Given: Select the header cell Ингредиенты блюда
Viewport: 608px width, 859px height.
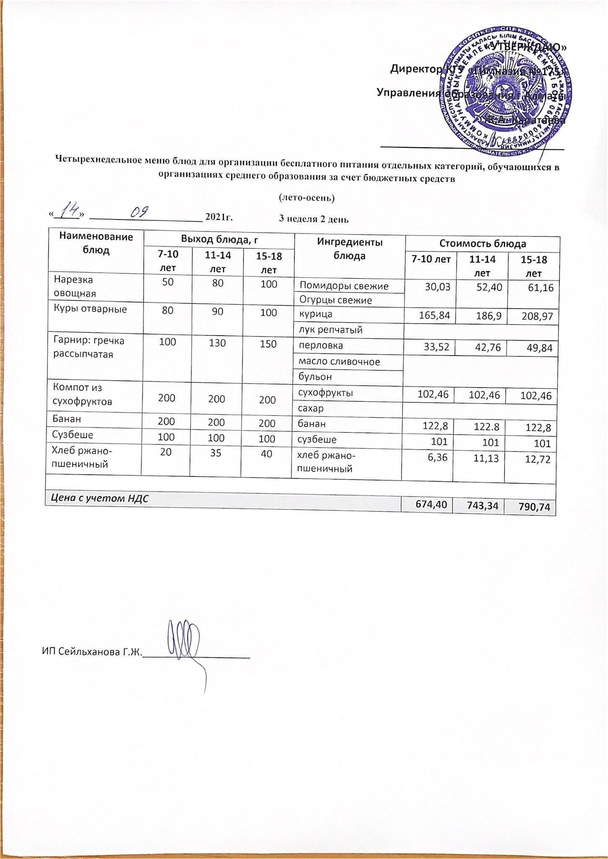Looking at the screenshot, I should pyautogui.click(x=349, y=249).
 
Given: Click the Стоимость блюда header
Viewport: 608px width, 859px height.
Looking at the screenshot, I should pyautogui.click(x=482, y=244).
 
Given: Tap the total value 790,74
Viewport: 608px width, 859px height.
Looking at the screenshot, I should pyautogui.click(x=530, y=508).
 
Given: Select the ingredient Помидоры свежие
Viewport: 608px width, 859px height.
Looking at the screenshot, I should pyautogui.click(x=349, y=286).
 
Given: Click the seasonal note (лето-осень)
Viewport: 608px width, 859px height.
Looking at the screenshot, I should pyautogui.click(x=307, y=198).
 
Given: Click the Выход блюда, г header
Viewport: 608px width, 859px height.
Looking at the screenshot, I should pyautogui.click(x=219, y=239).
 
